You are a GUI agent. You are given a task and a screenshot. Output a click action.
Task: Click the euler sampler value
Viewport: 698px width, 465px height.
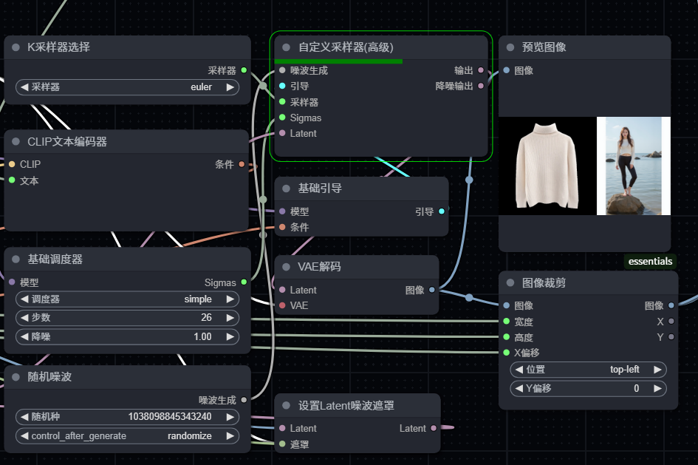point(200,87)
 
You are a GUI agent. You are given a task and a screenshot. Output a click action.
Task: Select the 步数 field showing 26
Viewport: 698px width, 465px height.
point(206,318)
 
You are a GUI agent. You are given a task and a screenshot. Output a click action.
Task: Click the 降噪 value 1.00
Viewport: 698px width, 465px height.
point(202,336)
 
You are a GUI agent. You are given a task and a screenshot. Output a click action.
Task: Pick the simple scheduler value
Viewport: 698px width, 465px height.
point(197,299)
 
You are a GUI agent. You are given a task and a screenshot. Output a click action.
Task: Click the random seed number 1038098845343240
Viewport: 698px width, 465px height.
point(169,417)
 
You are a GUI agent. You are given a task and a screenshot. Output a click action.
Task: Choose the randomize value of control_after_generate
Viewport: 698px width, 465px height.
point(189,436)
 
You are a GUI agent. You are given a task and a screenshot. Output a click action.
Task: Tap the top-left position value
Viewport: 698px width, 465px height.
point(624,370)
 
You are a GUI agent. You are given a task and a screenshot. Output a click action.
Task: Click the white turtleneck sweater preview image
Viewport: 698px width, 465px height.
point(547,166)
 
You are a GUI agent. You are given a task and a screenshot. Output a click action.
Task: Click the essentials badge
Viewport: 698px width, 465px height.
point(650,261)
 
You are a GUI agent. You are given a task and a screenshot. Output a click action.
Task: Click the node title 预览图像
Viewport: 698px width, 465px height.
point(544,47)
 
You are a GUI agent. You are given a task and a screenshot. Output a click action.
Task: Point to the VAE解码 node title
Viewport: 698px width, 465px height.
point(319,267)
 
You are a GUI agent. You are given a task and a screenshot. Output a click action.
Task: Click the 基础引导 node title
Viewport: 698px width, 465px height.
point(320,189)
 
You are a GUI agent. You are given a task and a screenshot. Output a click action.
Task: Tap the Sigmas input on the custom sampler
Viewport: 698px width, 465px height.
point(305,118)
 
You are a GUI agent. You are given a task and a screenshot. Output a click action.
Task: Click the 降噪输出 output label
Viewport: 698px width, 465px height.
point(454,86)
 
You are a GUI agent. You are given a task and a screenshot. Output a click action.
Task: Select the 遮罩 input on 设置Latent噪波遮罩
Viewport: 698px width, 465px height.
point(299,444)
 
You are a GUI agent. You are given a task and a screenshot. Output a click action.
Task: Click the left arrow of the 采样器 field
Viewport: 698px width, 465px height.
point(24,87)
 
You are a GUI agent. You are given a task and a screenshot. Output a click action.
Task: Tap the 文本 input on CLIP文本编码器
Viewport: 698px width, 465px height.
point(29,180)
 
